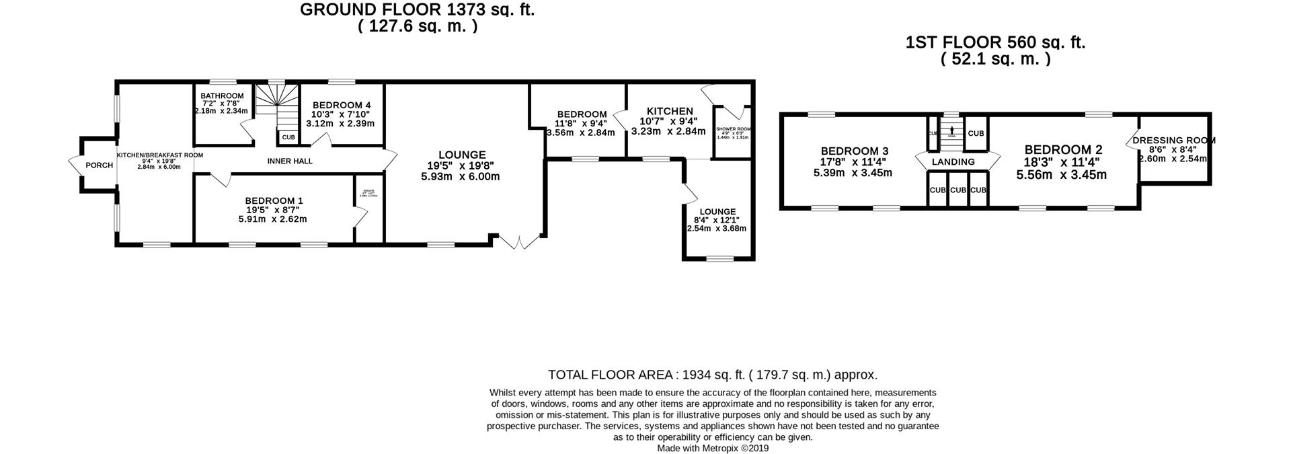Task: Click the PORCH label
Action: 99,165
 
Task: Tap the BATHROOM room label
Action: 222,96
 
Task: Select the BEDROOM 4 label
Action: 341,106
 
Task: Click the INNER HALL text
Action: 290,161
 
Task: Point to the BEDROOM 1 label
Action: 274,200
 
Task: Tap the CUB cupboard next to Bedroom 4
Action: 288,138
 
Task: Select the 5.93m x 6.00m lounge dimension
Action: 460,177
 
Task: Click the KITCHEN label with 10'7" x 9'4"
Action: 669,111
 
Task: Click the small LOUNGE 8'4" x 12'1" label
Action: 717,212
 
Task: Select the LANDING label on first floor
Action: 953,162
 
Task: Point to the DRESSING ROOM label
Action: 1173,141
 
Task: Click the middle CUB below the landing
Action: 958,190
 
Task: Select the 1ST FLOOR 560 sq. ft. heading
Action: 995,43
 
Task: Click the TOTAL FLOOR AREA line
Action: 713,375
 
